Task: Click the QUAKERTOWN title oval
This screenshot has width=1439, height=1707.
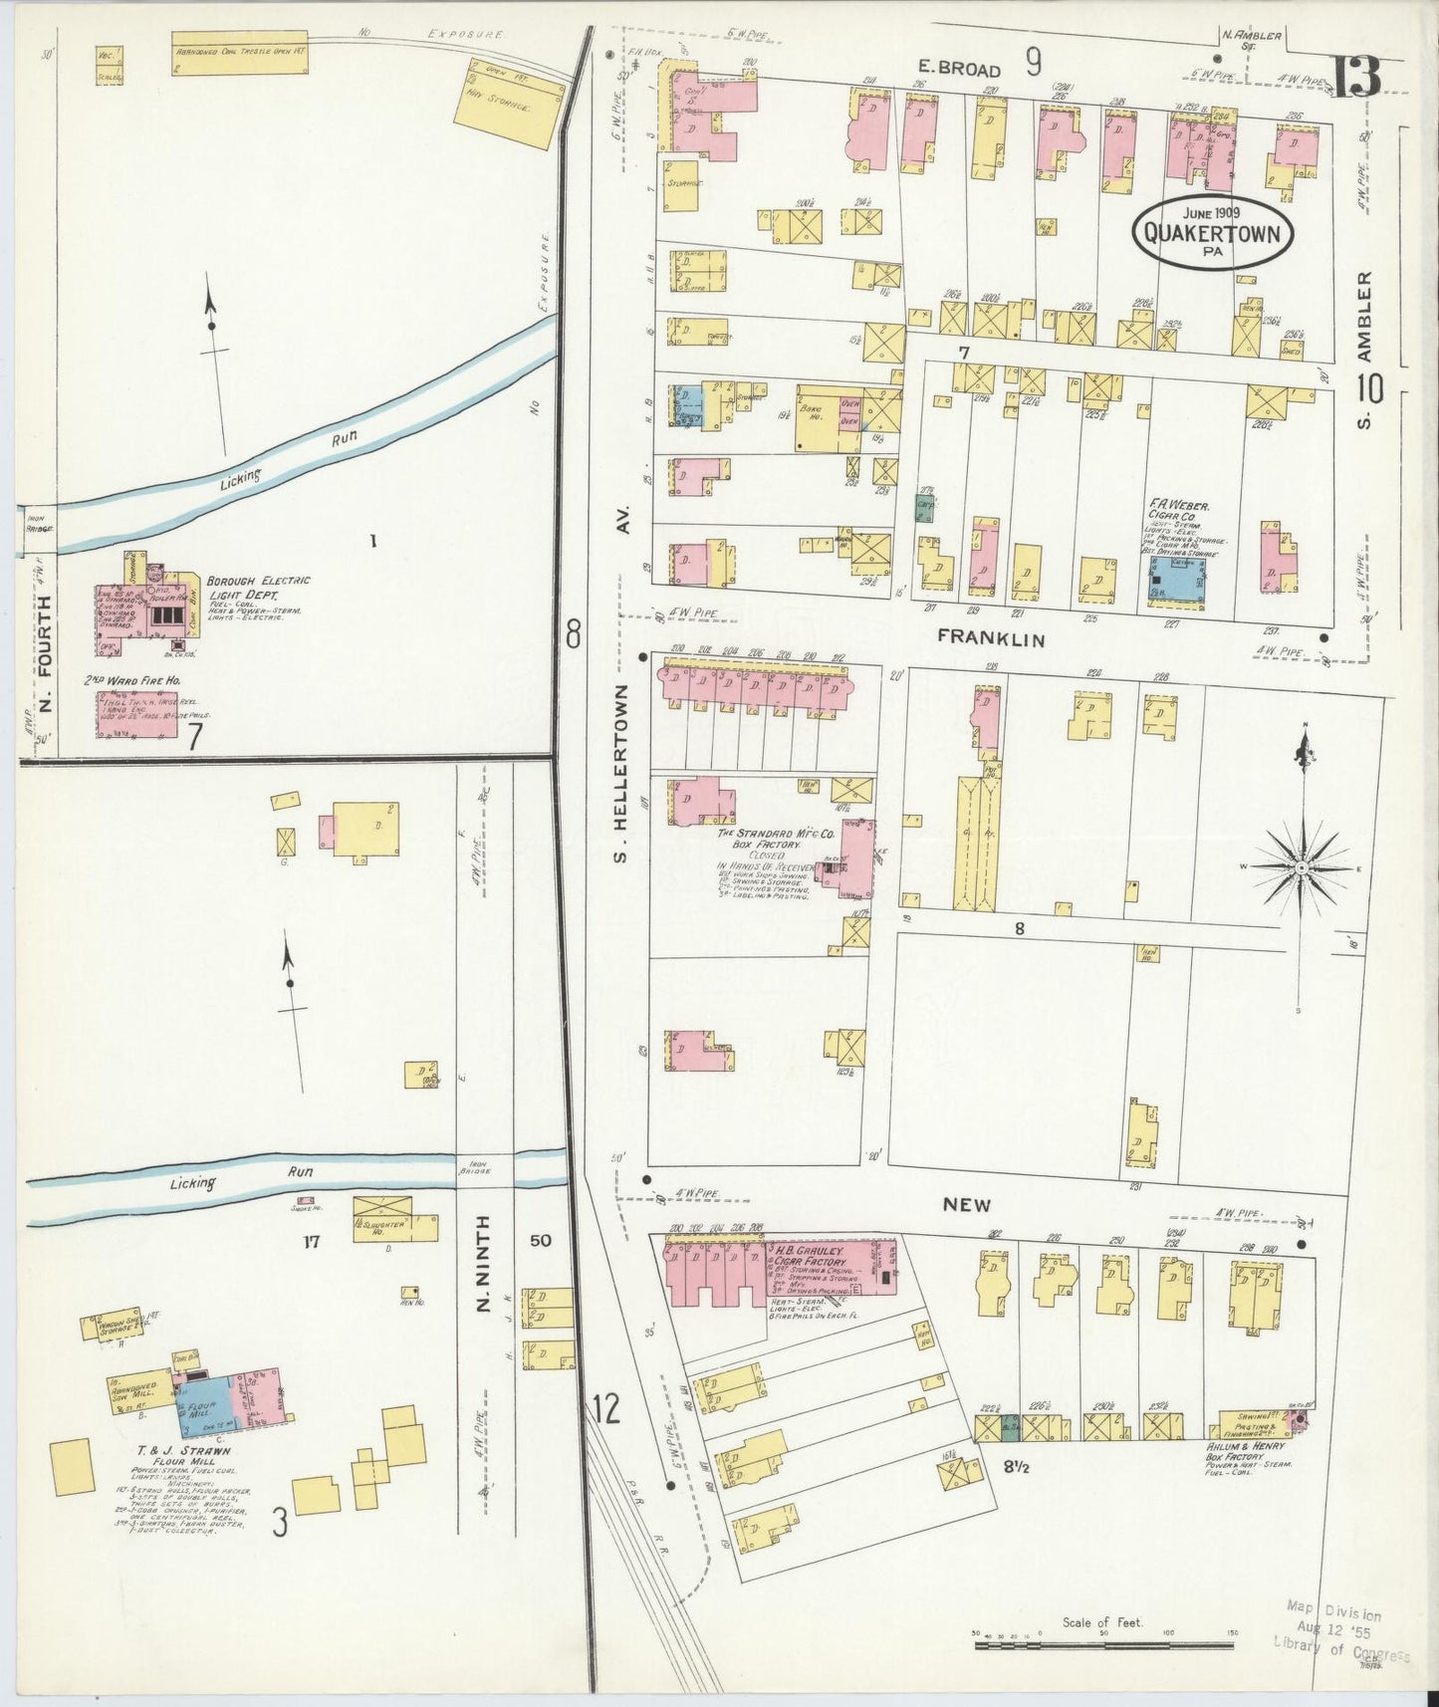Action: [1212, 233]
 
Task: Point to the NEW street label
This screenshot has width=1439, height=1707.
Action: [967, 1204]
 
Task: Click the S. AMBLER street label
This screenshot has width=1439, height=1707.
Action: [1365, 350]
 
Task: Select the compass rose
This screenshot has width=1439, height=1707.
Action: [1301, 867]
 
